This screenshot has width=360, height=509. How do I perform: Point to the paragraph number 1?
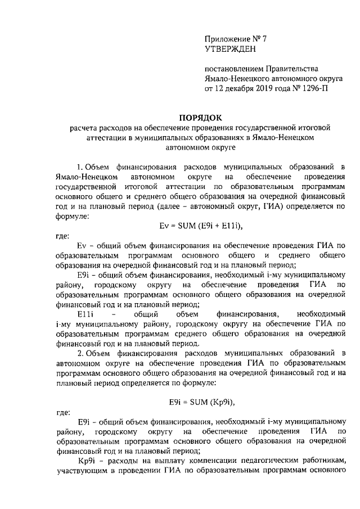80,167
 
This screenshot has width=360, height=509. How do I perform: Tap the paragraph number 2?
80,353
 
